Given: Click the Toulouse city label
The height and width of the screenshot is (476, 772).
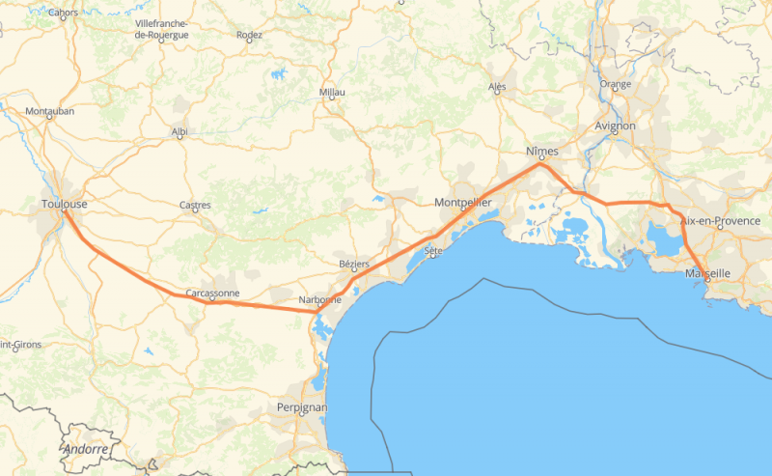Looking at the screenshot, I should click(65, 204).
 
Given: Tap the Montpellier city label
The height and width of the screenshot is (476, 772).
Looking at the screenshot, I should click(463, 203).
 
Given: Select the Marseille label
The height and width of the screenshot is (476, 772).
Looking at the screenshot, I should click(707, 273).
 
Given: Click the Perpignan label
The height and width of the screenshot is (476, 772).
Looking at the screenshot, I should click(302, 407).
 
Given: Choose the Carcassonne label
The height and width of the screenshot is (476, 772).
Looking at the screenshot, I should click(211, 292).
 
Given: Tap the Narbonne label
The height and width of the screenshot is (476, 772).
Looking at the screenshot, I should click(320, 299).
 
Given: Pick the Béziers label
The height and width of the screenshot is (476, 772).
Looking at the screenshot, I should click(354, 264).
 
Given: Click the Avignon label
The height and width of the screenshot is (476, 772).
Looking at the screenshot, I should click(615, 126).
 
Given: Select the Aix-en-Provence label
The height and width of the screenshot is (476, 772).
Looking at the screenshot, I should click(721, 221).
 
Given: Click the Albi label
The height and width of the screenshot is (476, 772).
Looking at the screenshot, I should click(179, 131).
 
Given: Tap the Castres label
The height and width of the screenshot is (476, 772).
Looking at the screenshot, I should click(195, 205).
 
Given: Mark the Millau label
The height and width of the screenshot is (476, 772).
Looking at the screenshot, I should click(331, 93).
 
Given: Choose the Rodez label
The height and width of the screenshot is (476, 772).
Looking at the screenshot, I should click(249, 36).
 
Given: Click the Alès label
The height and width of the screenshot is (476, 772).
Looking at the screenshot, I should click(498, 87).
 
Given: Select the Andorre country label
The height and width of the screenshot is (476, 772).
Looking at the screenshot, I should click(86, 450).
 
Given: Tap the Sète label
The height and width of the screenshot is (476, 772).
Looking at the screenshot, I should click(432, 250).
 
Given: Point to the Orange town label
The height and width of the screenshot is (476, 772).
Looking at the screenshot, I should click(615, 84).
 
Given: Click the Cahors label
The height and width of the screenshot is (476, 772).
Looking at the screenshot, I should click(64, 13).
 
